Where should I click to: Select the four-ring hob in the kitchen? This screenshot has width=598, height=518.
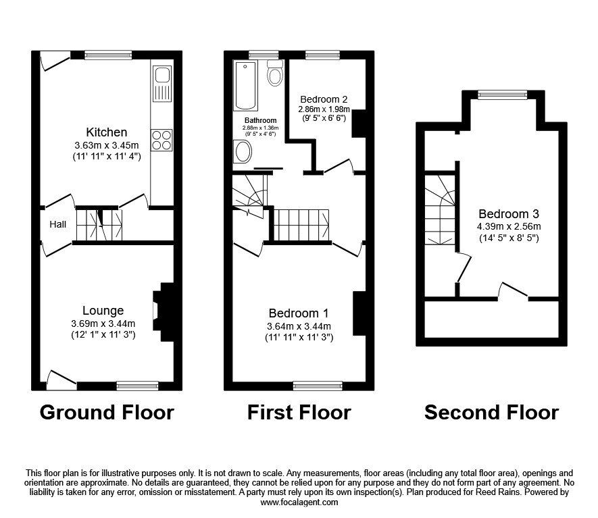pyautogui.click(x=161, y=140)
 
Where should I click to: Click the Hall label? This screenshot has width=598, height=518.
pyautogui.click(x=57, y=224)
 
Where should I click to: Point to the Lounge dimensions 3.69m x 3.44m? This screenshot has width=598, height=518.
pyautogui.click(x=103, y=323)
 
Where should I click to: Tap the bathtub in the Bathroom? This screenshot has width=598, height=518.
pyautogui.click(x=245, y=86)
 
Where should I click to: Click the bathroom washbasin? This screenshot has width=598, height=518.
pyautogui.click(x=241, y=151)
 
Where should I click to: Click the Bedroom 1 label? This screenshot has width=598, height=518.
pyautogui.click(x=298, y=313)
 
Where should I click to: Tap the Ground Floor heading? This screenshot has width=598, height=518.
pyautogui.click(x=107, y=412)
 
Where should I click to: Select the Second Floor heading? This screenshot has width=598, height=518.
pyautogui.click(x=491, y=412)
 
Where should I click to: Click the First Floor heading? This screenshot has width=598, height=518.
pyautogui.click(x=299, y=412)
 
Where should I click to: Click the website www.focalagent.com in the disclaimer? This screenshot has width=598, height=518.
pyautogui.click(x=299, y=502)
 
